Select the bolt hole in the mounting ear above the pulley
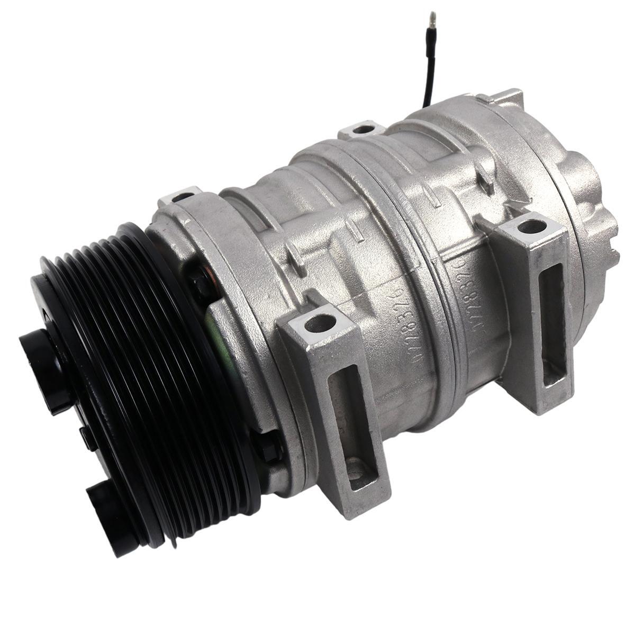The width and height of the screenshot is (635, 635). click(183, 197)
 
